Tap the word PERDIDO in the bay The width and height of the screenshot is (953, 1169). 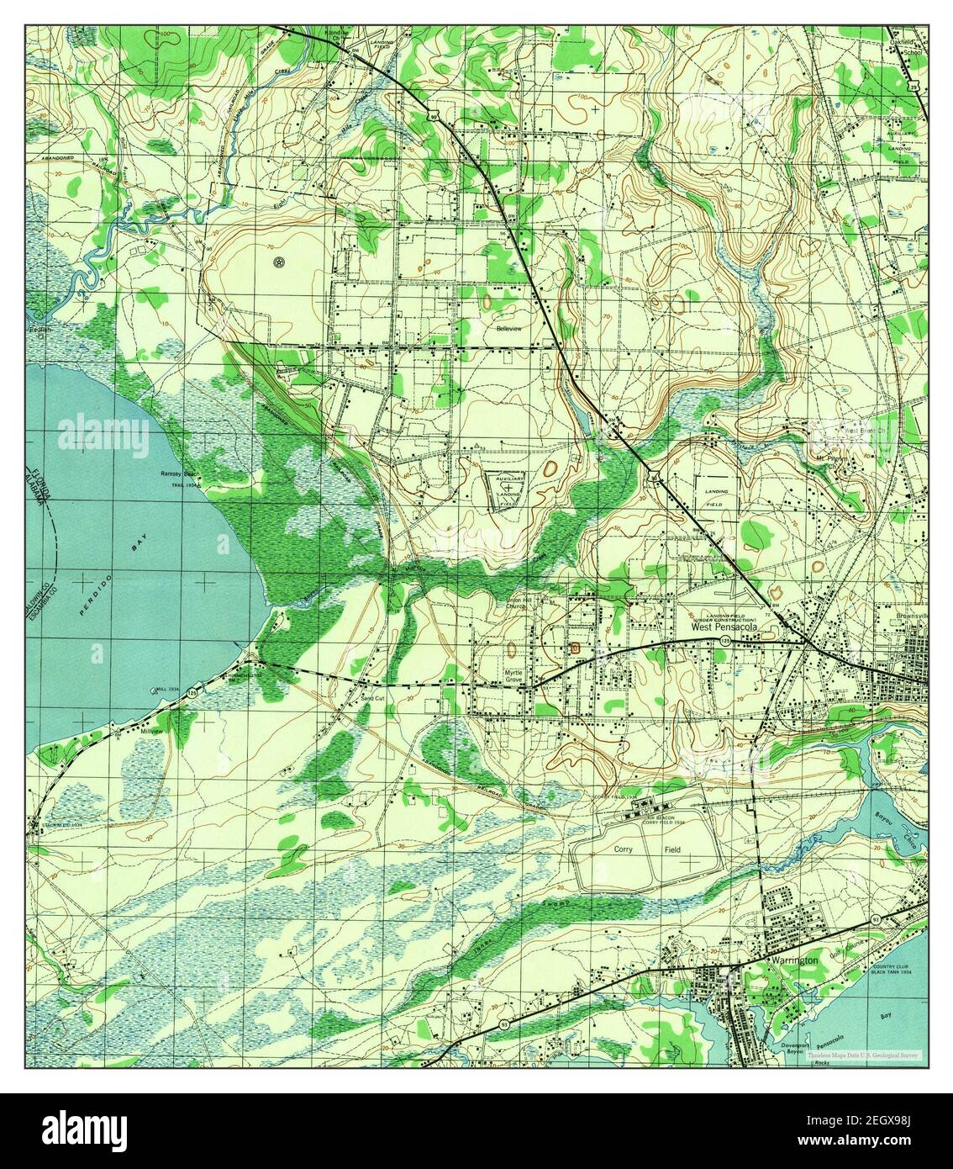tap(95, 595)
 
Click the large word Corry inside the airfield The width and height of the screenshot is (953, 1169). tap(623, 850)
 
